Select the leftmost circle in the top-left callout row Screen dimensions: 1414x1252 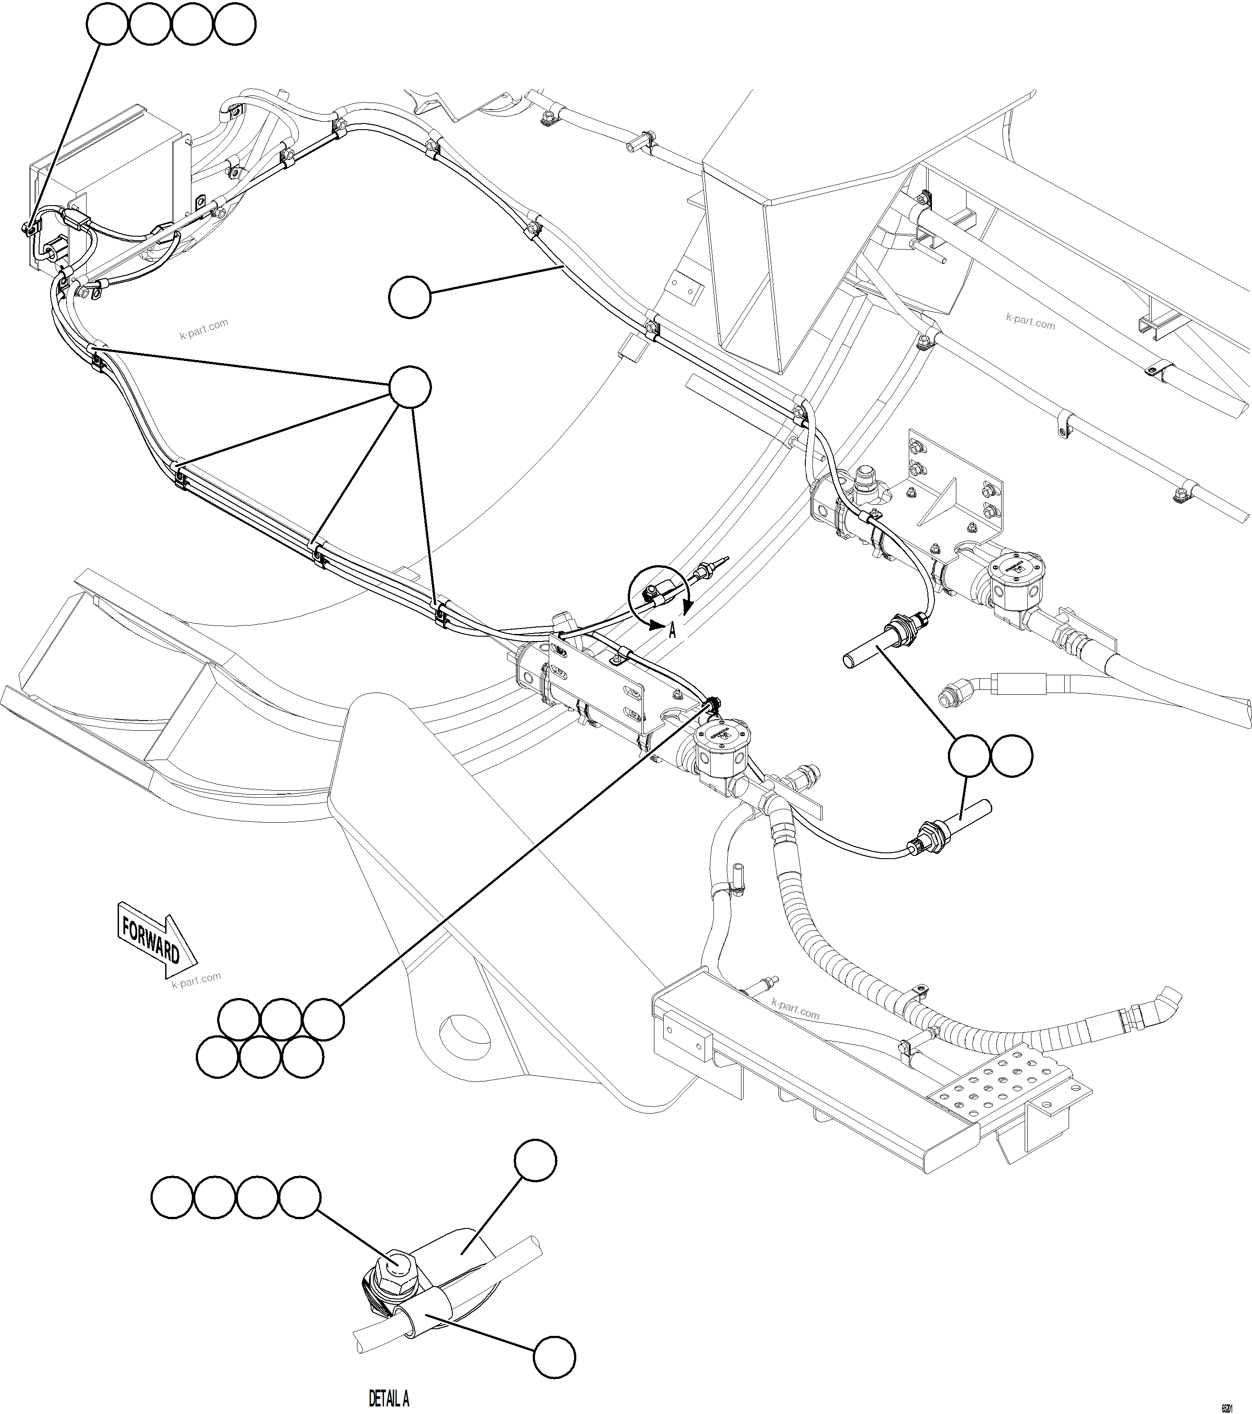[x=107, y=24]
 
